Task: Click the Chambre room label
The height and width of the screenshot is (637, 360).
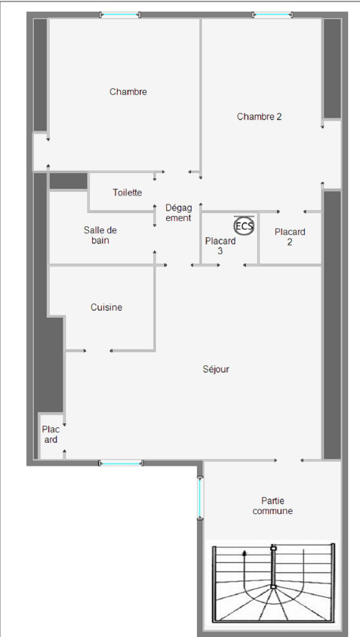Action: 128,92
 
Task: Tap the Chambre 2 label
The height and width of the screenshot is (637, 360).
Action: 259,116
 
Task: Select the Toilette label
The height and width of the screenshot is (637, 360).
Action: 128,192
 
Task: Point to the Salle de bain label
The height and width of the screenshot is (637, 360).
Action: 100,235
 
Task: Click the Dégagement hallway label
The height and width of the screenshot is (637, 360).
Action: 178,213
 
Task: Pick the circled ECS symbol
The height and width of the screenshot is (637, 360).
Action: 244,226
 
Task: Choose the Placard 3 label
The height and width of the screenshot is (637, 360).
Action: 220,246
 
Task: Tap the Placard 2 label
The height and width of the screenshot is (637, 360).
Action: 290,237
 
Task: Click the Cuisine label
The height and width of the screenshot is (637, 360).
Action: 106,307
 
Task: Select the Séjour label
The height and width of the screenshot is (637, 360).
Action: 216,369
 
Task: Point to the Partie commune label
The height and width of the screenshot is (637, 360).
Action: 272,506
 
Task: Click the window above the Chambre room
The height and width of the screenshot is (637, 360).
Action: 120,15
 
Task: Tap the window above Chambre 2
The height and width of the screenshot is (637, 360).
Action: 272,15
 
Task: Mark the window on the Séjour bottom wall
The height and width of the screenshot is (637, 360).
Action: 121,463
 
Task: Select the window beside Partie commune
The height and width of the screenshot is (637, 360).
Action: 200,497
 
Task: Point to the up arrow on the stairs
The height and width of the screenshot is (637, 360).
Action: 245,569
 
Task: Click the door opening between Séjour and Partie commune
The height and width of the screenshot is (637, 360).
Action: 289,460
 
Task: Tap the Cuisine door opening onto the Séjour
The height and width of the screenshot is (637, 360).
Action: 98,351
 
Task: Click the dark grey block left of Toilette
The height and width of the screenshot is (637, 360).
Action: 69,181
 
